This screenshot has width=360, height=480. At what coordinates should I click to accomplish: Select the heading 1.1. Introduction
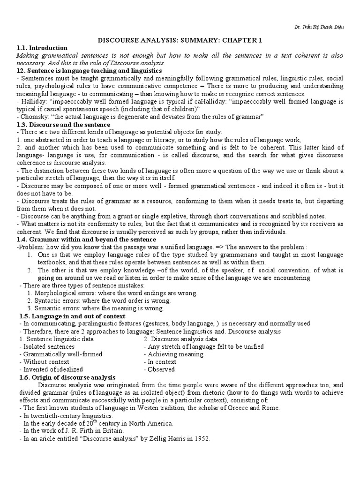click(x=42, y=48)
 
